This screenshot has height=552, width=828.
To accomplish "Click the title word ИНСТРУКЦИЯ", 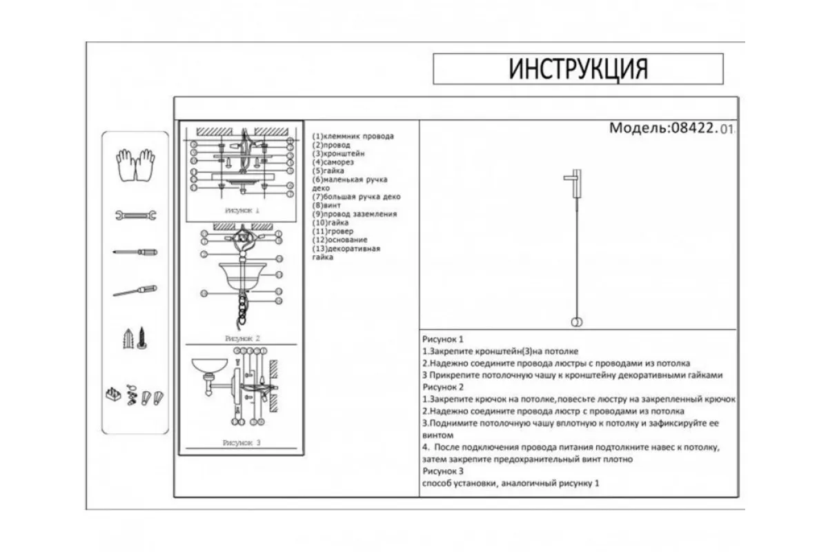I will click(x=578, y=69).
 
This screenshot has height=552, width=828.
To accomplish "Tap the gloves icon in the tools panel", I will click(x=135, y=165).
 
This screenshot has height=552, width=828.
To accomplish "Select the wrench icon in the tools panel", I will click(x=135, y=215).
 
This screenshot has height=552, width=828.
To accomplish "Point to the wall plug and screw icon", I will click(x=135, y=338).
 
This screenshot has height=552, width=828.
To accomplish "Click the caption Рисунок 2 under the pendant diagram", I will click(x=241, y=339).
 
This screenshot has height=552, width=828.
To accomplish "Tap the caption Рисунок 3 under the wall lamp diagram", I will click(x=241, y=442).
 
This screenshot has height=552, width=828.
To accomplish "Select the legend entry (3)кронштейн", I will click(x=339, y=154).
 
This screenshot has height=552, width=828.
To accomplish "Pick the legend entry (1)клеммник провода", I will click(x=353, y=137).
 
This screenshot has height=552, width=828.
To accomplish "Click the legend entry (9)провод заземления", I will click(x=355, y=215).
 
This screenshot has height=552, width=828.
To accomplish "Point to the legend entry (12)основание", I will click(x=339, y=240).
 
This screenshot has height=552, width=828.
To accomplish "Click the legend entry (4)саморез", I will click(x=333, y=163).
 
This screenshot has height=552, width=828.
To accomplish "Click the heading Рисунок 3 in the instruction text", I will click(x=442, y=471).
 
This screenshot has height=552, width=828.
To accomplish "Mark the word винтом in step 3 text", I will click(x=437, y=435).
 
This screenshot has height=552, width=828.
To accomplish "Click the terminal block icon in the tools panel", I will click(x=112, y=395).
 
